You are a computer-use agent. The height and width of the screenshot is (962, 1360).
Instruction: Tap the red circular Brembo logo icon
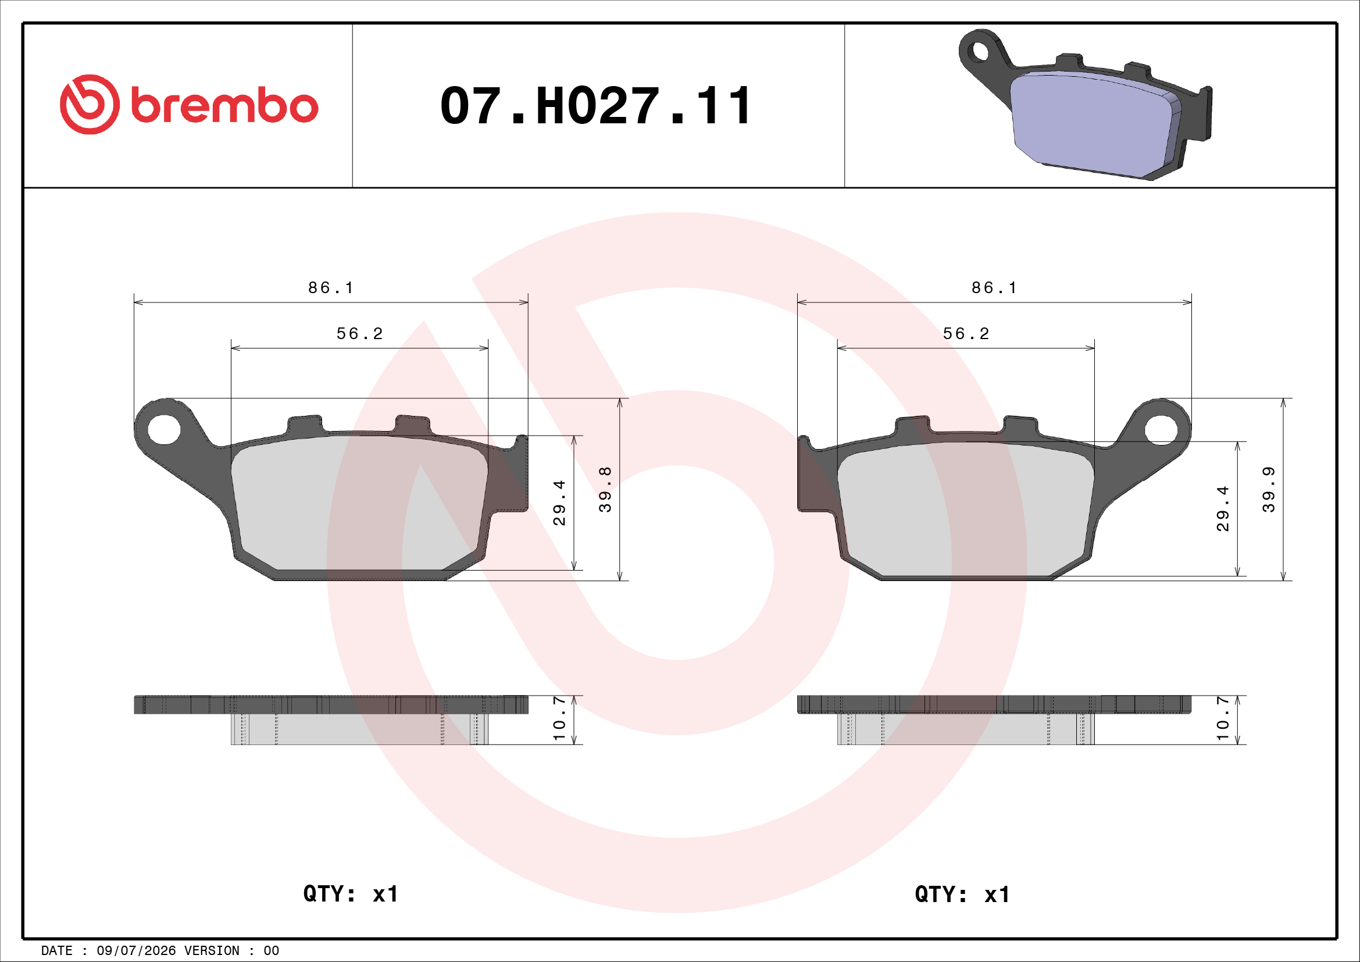pyautogui.click(x=90, y=104)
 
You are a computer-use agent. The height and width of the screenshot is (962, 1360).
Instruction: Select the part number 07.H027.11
pyautogui.click(x=596, y=106)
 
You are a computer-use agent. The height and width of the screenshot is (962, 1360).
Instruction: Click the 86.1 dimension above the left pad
pyautogui.click(x=330, y=288)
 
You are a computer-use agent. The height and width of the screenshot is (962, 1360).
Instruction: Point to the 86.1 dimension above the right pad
pyautogui.click(x=994, y=288)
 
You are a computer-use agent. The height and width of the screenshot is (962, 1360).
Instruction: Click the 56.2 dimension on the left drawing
pyautogui.click(x=359, y=334)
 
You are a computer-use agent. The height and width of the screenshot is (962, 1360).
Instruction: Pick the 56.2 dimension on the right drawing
pyautogui.click(x=966, y=334)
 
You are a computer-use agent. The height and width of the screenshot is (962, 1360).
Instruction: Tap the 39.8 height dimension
pyautogui.click(x=605, y=489)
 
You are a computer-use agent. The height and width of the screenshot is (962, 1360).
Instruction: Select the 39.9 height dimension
pyautogui.click(x=1268, y=489)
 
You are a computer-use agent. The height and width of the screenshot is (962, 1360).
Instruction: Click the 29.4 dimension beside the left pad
pyautogui.click(x=559, y=503)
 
